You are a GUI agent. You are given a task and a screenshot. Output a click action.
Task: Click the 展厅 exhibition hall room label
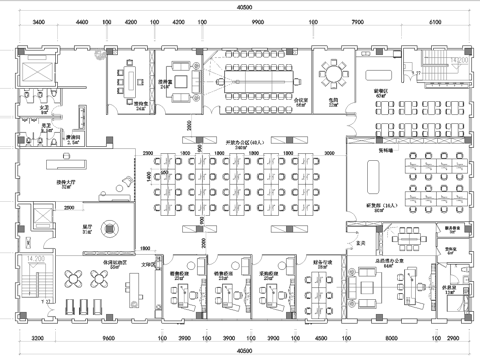87,227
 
